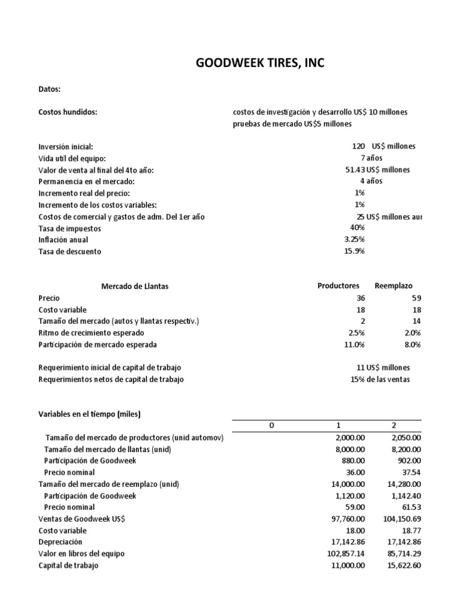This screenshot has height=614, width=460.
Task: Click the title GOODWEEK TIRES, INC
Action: click(260, 63)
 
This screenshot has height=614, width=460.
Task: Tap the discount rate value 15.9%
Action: click(354, 251)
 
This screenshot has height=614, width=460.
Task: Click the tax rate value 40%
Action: click(357, 228)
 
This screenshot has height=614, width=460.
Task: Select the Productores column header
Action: click(338, 286)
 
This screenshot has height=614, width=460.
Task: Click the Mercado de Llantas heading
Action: click(135, 287)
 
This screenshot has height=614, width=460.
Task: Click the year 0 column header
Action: click(271, 425)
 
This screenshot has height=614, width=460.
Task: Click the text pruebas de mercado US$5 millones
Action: click(292, 124)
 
